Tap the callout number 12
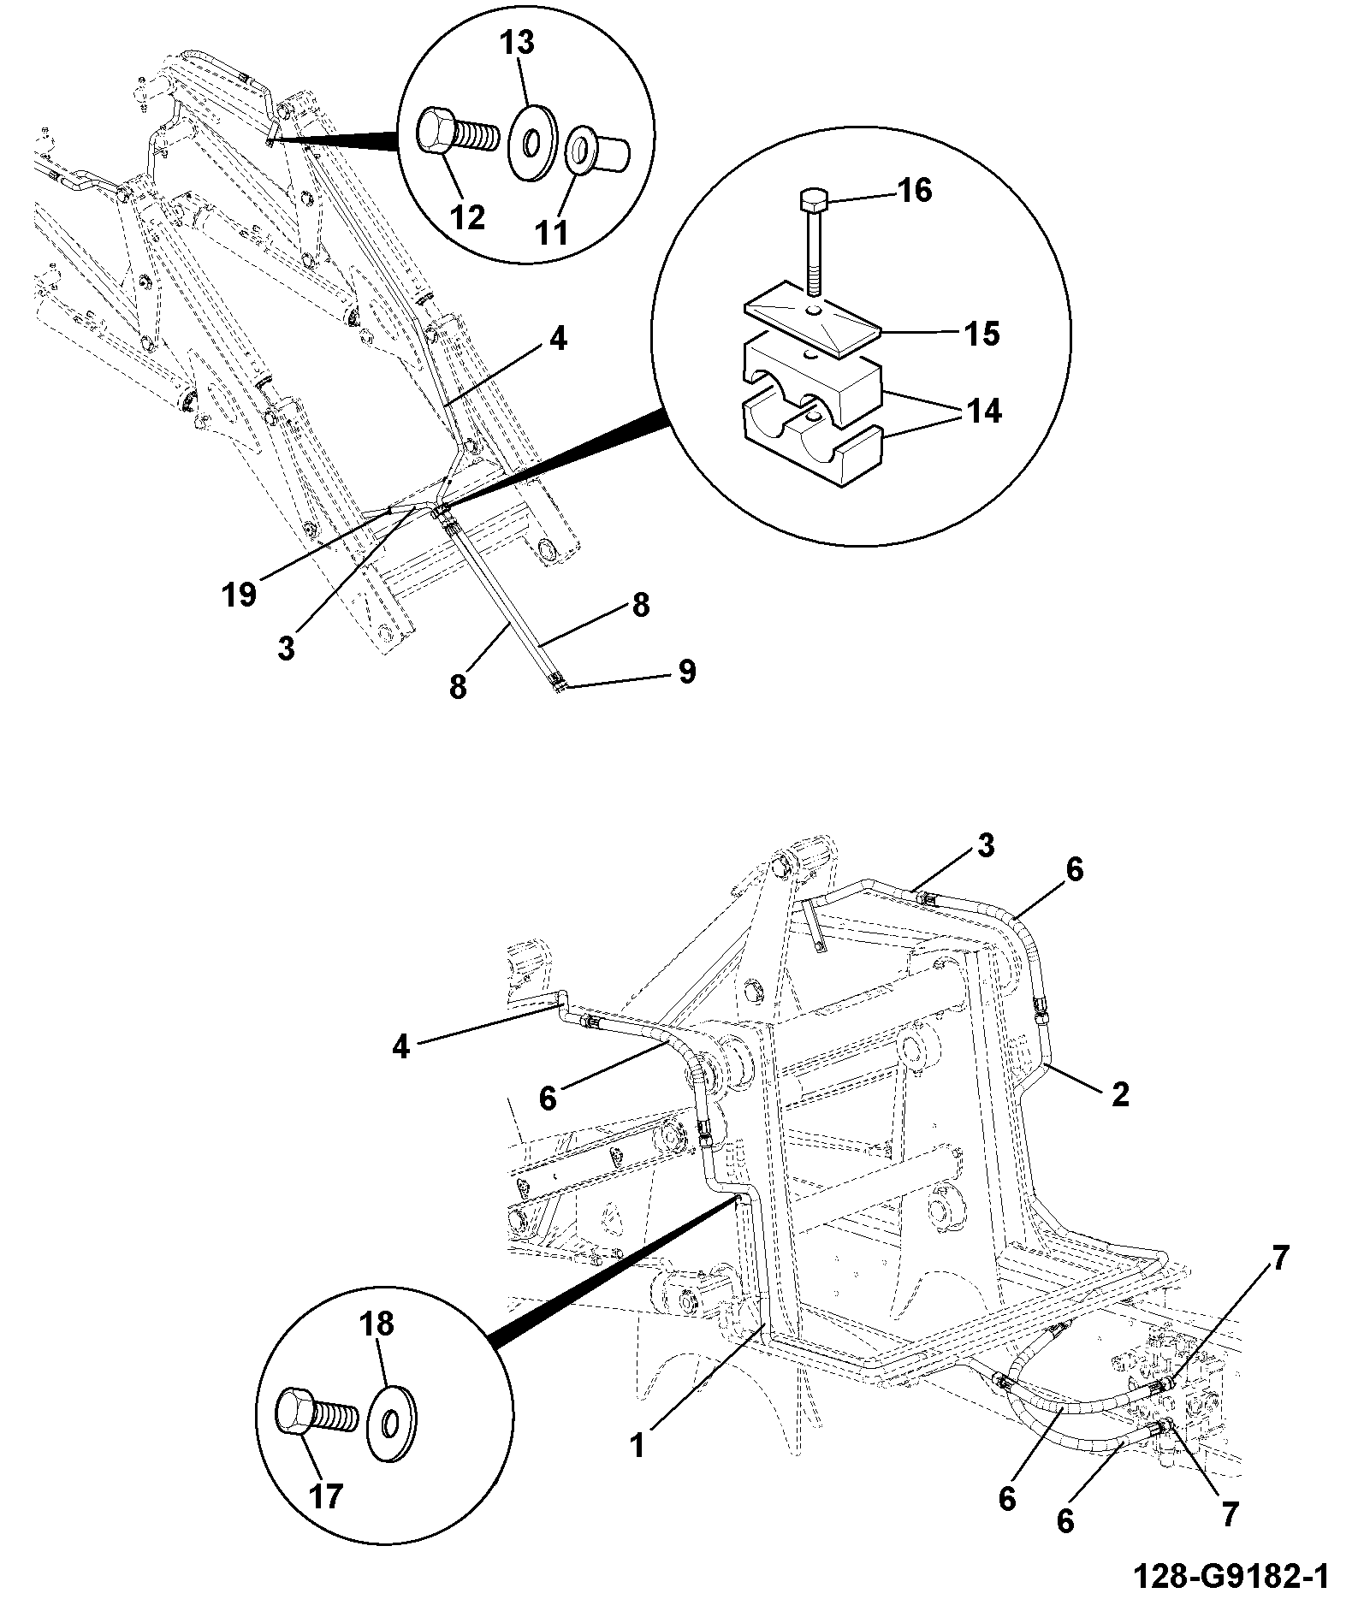(466, 216)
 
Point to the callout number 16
(913, 190)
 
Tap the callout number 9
(686, 672)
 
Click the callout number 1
(637, 1445)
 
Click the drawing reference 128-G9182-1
(1231, 1576)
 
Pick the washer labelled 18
(392, 1425)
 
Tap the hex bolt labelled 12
(458, 135)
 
